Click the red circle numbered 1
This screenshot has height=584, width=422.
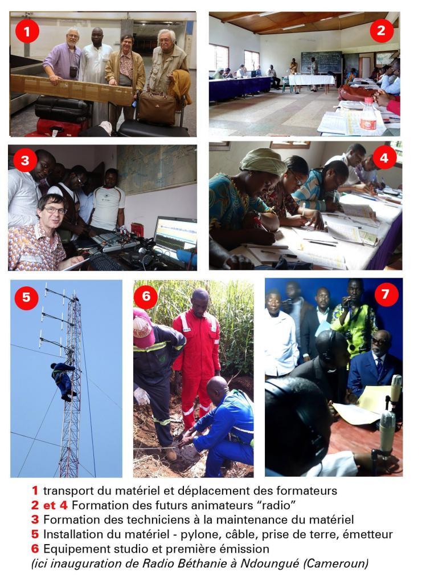pos(27,31)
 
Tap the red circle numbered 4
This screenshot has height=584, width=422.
pos(384,157)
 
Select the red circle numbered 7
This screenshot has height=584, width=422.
pos(386,294)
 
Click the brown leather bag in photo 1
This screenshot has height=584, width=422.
pos(156,108)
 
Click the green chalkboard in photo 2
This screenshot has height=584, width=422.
pos(321,62)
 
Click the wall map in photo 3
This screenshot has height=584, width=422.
pos(157,169)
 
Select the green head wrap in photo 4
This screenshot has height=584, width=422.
pos(263,161)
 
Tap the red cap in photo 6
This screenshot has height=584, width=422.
pos(143,327)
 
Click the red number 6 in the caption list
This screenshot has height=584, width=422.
pos(35,549)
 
